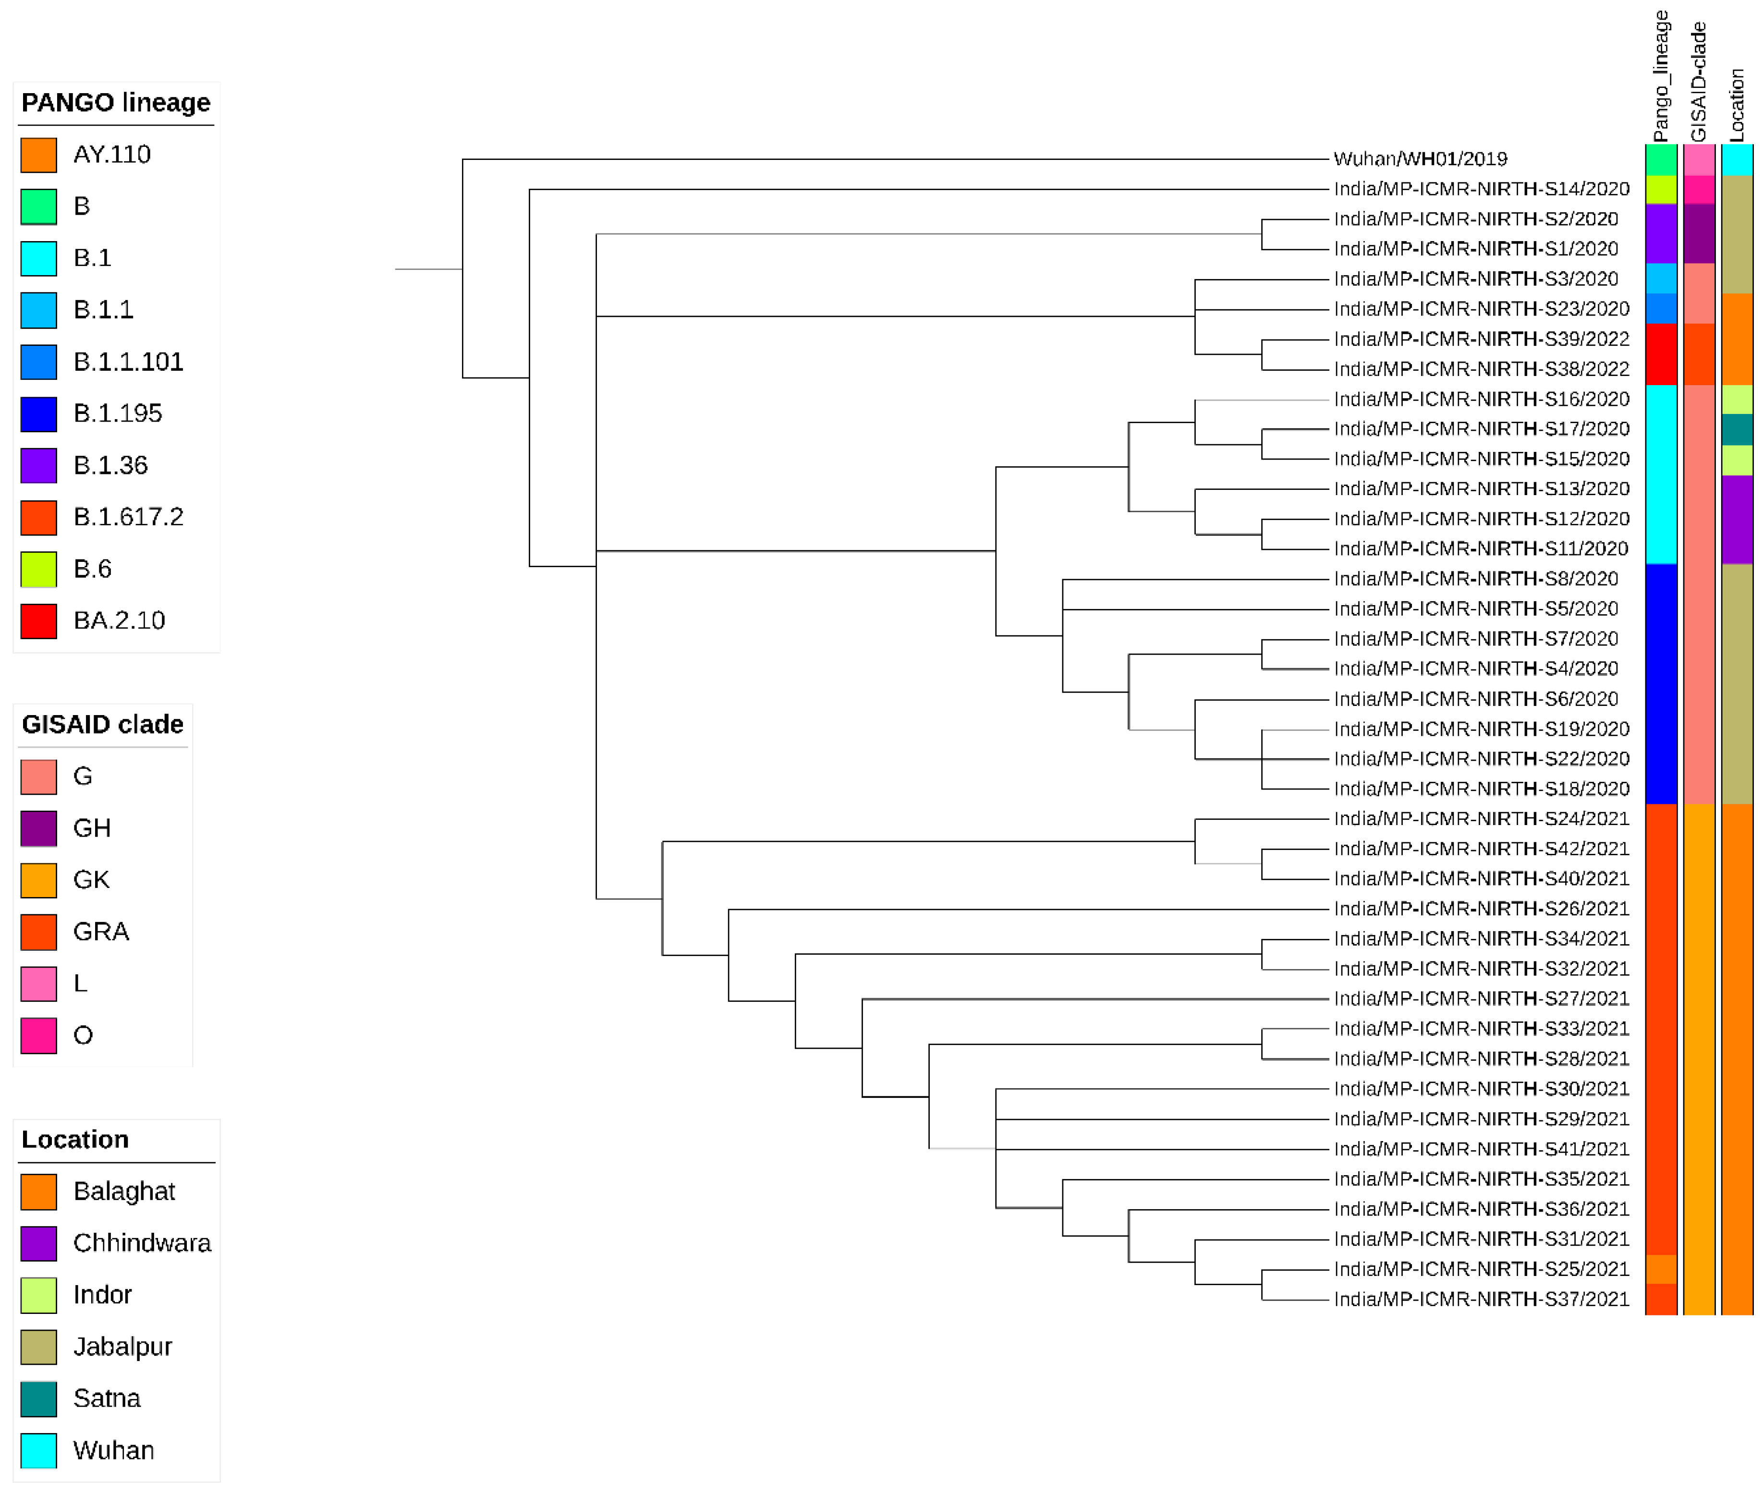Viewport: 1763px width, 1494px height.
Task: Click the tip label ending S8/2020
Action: click(1475, 579)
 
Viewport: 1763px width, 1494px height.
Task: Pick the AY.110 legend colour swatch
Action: click(39, 155)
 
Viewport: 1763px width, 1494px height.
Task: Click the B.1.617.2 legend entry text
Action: click(128, 517)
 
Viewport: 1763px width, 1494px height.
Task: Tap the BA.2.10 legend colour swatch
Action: click(39, 621)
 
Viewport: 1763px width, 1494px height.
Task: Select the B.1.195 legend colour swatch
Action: click(39, 414)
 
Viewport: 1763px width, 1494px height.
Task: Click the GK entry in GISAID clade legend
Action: click(91, 880)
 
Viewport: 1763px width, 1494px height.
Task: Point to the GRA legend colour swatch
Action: click(39, 932)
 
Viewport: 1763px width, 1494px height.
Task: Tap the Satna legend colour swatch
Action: click(39, 1398)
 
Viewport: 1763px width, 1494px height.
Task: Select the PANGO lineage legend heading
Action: click(115, 102)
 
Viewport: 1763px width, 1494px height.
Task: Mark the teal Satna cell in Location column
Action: click(1736, 429)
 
